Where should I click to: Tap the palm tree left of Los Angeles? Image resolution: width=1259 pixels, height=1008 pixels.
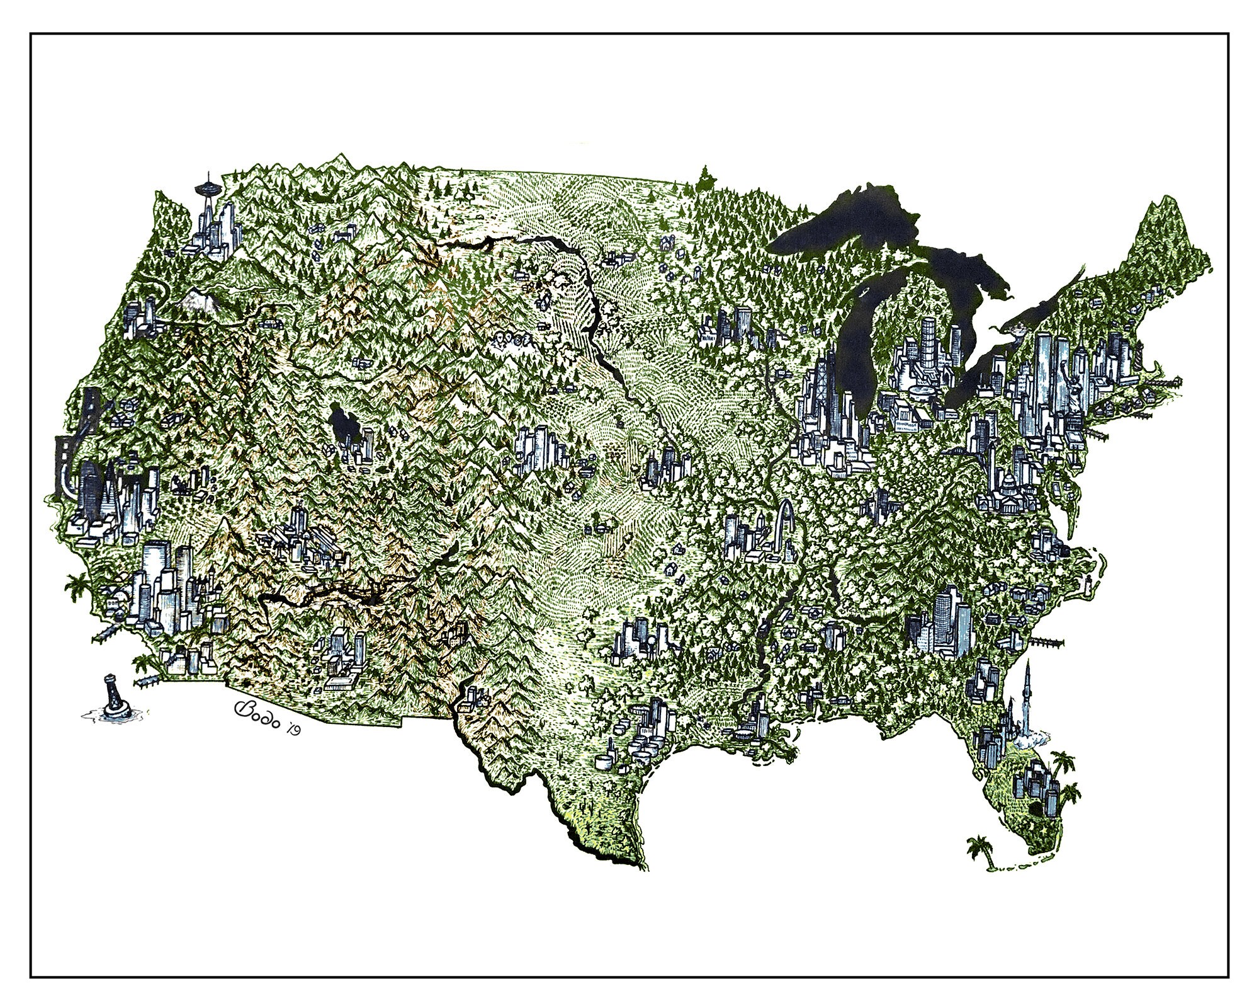(x=77, y=589)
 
